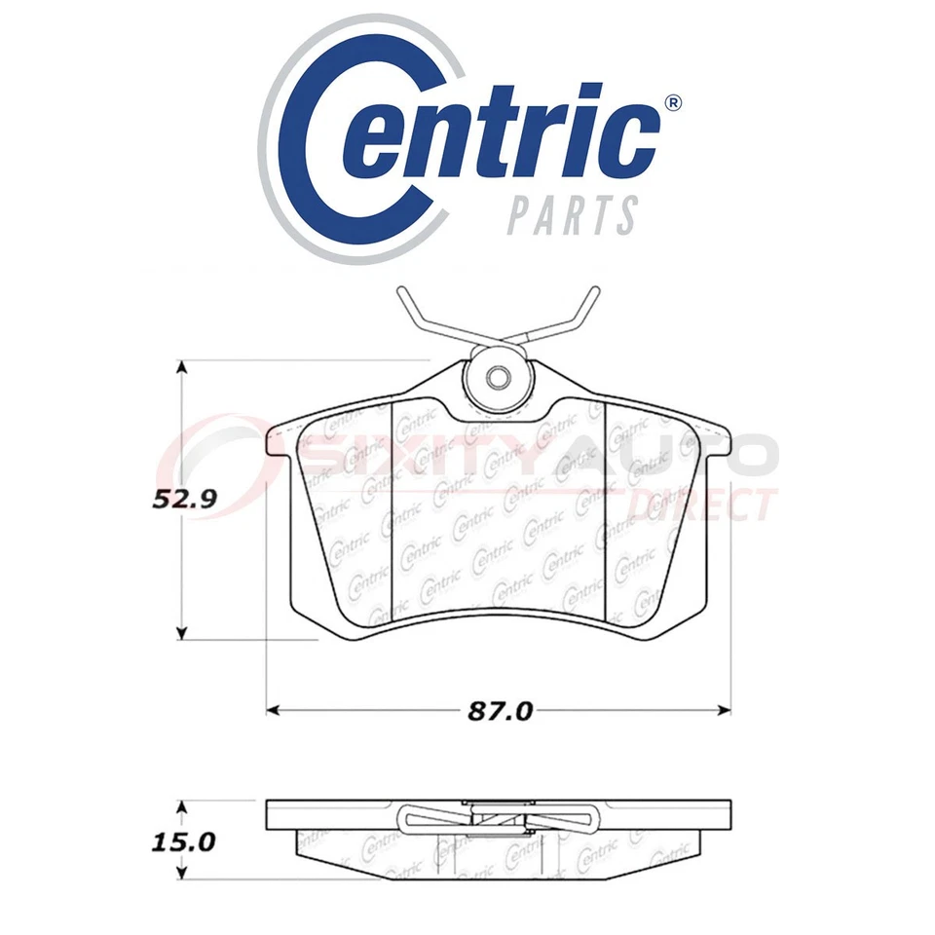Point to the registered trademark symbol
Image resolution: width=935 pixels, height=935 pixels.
pos(672,104)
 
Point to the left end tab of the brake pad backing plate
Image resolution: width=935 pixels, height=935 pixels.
pos(279,443)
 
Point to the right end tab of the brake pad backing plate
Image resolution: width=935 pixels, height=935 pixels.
pos(716,443)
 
